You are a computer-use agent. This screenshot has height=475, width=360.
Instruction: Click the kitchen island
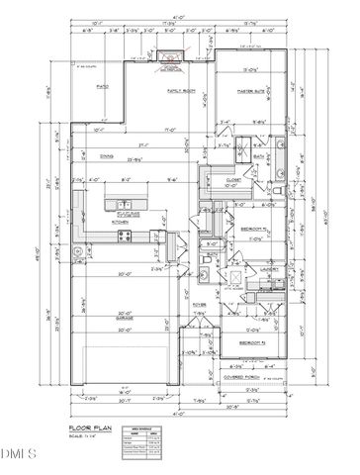pos(134,206)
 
